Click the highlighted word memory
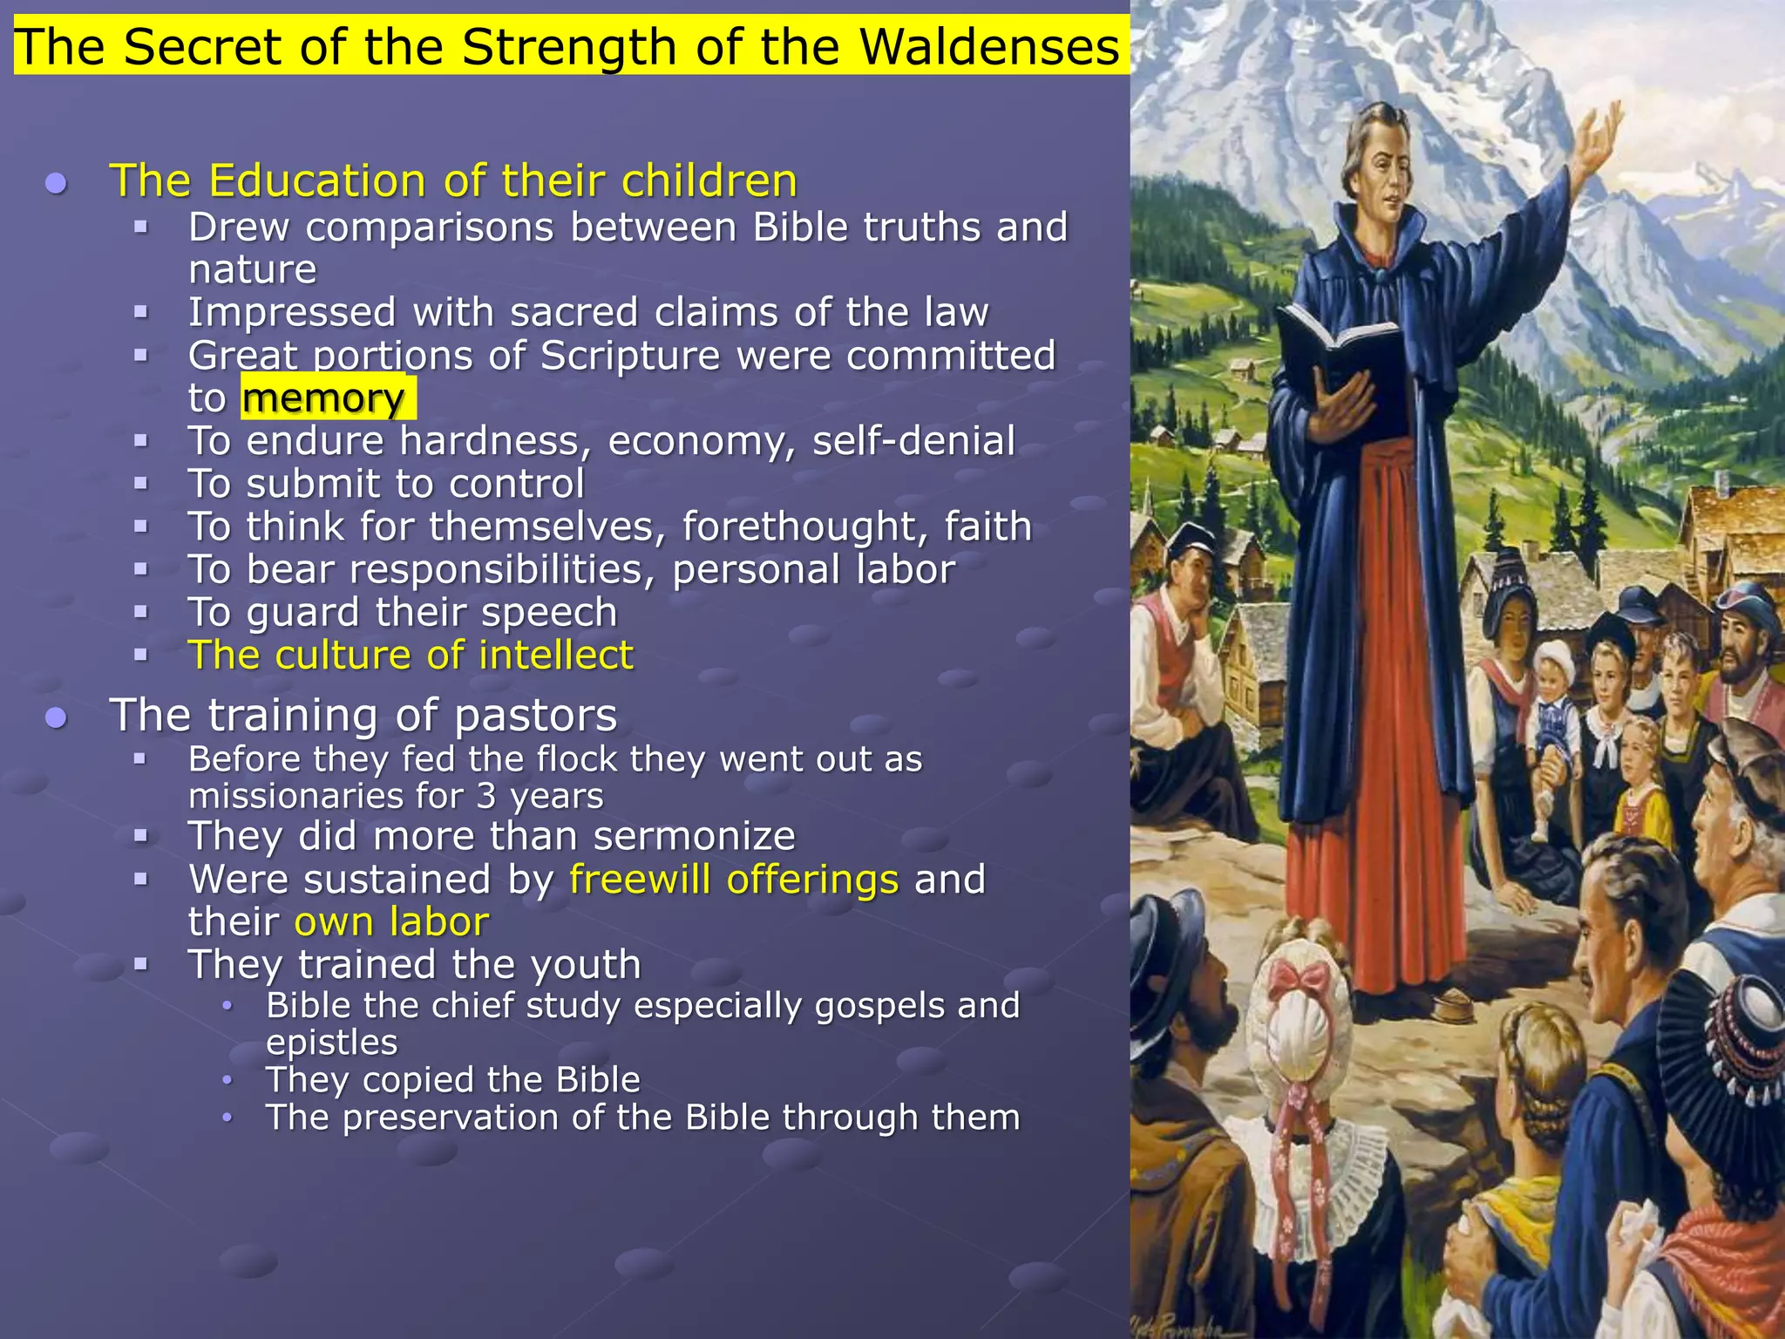click(x=323, y=398)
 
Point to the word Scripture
click(x=630, y=356)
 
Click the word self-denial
click(x=913, y=441)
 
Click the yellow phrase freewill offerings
click(x=734, y=879)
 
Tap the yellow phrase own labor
click(x=391, y=921)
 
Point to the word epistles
click(x=332, y=1043)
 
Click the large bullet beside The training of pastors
click(x=57, y=717)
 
